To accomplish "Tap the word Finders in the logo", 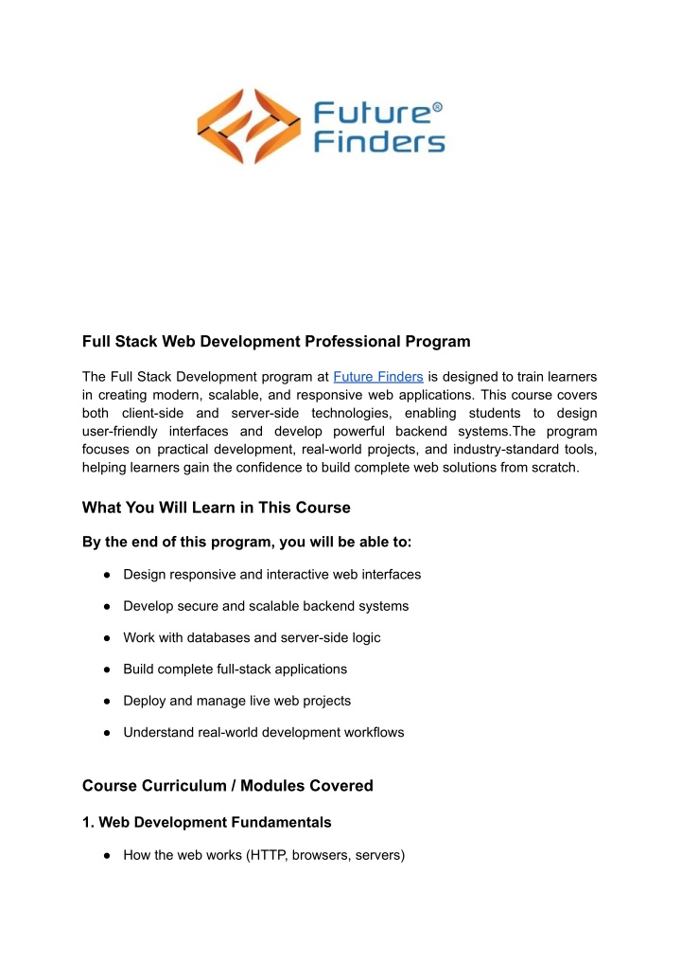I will tap(378, 143).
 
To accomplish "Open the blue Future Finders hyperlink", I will tap(378, 376).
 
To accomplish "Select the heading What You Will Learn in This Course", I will tap(217, 508).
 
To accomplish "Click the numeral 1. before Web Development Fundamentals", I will tap(89, 823).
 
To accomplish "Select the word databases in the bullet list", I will tap(194, 637).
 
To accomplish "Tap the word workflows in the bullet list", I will tap(372, 732).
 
